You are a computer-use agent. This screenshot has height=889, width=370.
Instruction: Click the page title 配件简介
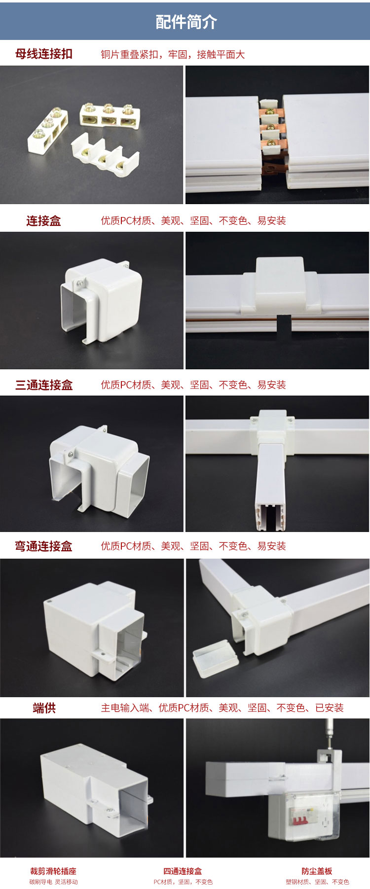(186, 22)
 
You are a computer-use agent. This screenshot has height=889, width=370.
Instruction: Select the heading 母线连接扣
(44, 54)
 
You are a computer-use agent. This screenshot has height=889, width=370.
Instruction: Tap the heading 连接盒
(44, 221)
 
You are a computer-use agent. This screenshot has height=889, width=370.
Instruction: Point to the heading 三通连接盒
(44, 385)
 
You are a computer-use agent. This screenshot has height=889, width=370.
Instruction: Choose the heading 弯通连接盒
(44, 546)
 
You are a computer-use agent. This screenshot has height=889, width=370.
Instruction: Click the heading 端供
(44, 708)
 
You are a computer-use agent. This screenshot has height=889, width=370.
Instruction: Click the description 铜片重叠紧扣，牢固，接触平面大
(173, 54)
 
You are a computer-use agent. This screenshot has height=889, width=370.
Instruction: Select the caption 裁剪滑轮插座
(53, 871)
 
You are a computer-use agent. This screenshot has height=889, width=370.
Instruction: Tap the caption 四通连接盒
(183, 871)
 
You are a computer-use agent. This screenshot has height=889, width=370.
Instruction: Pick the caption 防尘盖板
(317, 871)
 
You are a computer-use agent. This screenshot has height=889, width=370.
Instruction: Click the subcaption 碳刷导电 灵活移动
(53, 882)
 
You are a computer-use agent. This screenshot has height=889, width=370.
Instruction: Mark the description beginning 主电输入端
(222, 708)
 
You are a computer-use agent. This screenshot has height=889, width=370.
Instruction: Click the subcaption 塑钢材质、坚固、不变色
(317, 882)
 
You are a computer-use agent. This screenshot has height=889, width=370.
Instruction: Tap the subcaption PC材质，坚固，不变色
(183, 882)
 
